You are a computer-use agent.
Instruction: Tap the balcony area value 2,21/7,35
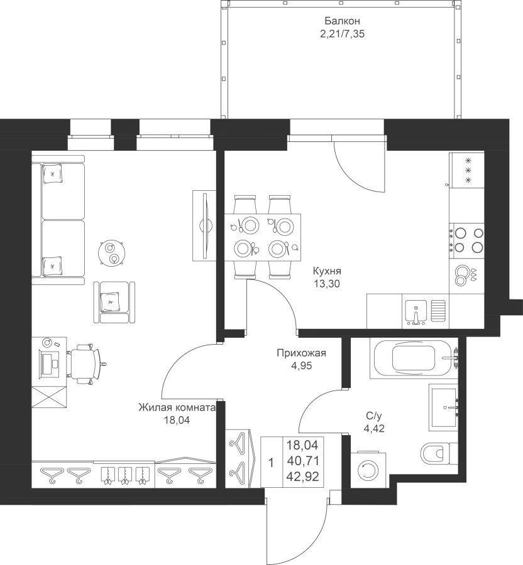pos(342,35)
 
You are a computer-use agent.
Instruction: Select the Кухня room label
pos(327,271)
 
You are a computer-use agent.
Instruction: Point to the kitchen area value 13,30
pos(327,284)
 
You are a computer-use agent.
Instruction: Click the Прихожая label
pos(302,353)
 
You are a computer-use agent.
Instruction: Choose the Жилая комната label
pos(177,407)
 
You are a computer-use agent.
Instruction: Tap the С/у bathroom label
pos(373,416)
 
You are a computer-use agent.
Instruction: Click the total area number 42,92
pos(302,477)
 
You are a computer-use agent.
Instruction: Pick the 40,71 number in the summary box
pos(302,461)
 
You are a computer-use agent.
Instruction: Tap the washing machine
pos(367,469)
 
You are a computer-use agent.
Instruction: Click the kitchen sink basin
pos(416,311)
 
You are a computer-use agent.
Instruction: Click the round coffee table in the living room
pos(112,253)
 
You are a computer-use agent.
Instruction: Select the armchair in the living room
pos(114,303)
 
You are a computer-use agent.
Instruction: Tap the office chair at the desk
pos(85,364)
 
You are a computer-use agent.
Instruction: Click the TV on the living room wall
pos(204,225)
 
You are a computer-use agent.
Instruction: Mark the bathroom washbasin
pos(444,407)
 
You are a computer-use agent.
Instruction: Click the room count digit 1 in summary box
pos(272,463)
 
